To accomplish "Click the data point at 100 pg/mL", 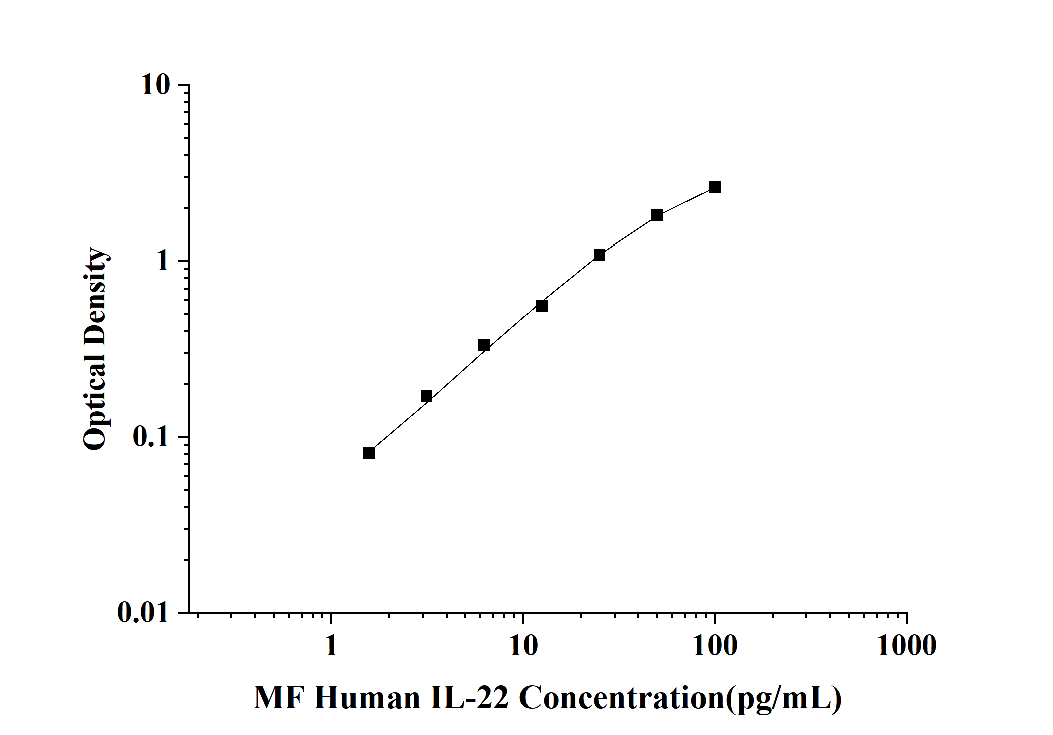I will pos(715,187).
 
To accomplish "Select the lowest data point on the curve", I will pos(369,453).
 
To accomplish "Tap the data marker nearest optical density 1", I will pos(599,255).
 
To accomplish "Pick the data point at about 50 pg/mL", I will pos(657,215).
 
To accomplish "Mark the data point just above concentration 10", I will pos(542,306).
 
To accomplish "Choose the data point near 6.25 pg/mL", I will pos(484,345).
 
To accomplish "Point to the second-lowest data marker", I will pos(426,396).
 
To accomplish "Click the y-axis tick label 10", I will pos(155,85).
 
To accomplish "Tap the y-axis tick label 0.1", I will pos(151,437).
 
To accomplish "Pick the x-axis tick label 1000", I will pos(906,646).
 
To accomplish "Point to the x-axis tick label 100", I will pos(714,646).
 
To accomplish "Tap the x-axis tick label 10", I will pos(523,646).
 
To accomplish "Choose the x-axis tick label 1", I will pos(331,646).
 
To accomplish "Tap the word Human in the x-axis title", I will pos(367,698).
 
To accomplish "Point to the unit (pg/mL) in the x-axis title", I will pos(784,698).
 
